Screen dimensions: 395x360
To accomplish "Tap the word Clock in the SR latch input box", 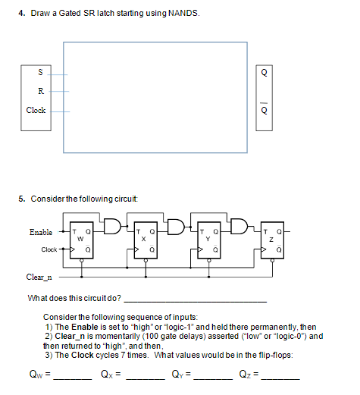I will [36, 110].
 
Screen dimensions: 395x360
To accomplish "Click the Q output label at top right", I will [264, 74].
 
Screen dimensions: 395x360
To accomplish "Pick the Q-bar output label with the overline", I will [264, 108].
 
